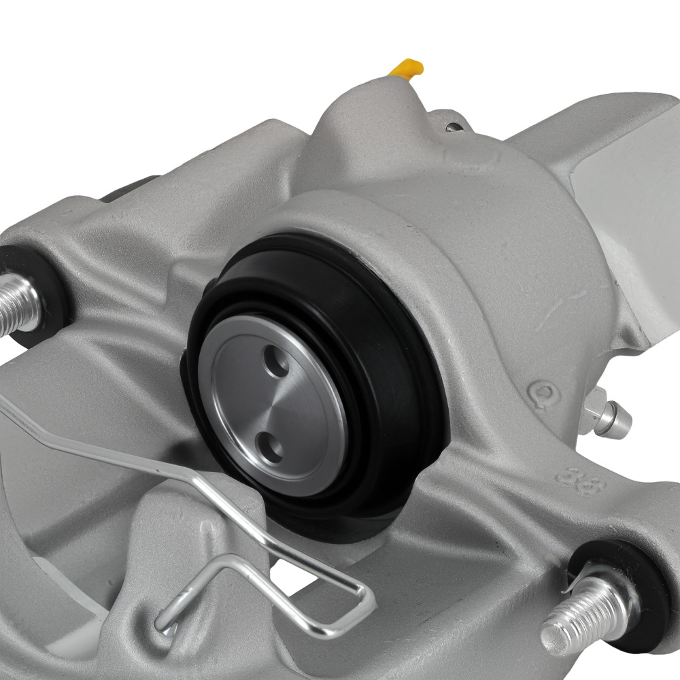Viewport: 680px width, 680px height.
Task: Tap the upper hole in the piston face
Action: tap(276, 360)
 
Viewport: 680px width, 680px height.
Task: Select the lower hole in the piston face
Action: tap(273, 447)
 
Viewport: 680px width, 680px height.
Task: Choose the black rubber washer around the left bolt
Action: tap(37, 286)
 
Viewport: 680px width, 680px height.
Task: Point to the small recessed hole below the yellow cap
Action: tap(452, 127)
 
